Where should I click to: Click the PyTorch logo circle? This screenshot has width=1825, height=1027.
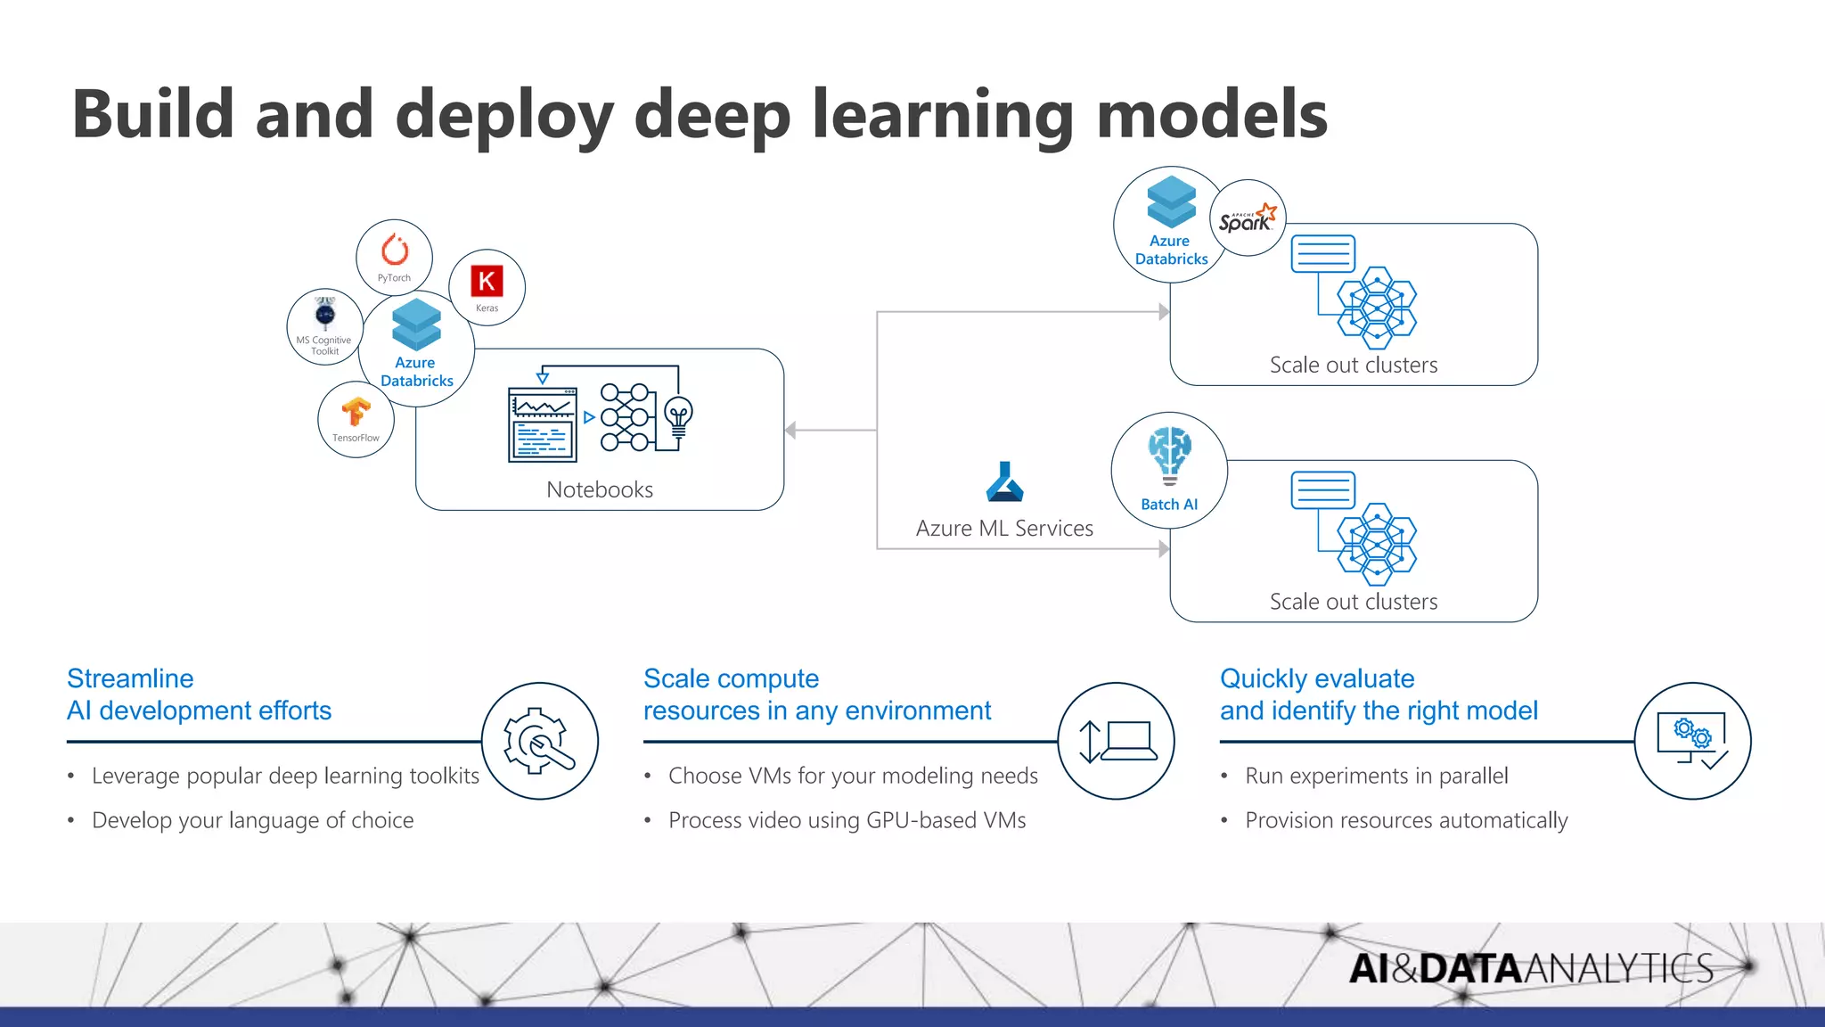coord(395,257)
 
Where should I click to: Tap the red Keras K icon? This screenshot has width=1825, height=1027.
coord(487,282)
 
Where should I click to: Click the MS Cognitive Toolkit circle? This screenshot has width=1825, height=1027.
coord(325,326)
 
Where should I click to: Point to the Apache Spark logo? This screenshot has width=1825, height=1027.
coord(1248,218)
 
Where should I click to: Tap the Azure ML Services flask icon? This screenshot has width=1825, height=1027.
coord(1005,482)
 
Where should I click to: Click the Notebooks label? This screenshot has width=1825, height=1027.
coord(600,489)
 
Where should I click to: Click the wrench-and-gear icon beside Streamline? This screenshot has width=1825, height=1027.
coord(540,741)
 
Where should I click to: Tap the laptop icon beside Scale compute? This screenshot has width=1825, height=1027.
coord(1117,741)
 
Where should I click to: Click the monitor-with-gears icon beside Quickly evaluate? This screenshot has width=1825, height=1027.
coord(1692,741)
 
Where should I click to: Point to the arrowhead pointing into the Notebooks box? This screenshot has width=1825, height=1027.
coord(790,431)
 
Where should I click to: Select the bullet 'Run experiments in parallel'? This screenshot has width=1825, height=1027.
coord(1376,776)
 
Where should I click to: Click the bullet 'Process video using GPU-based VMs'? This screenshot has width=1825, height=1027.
coord(847,820)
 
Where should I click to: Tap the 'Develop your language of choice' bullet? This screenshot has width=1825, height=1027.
coord(252,820)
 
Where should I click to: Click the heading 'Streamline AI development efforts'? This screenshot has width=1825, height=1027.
coord(199,694)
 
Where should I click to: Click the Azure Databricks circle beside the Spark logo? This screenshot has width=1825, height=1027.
coord(1169,225)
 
